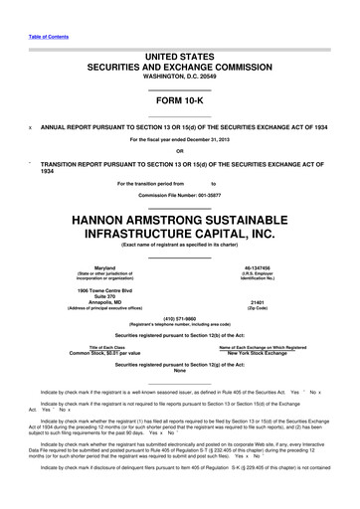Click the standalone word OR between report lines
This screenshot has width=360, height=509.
coord(179,151)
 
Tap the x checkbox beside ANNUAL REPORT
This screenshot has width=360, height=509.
coord(30,127)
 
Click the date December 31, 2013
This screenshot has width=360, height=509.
coord(213,140)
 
